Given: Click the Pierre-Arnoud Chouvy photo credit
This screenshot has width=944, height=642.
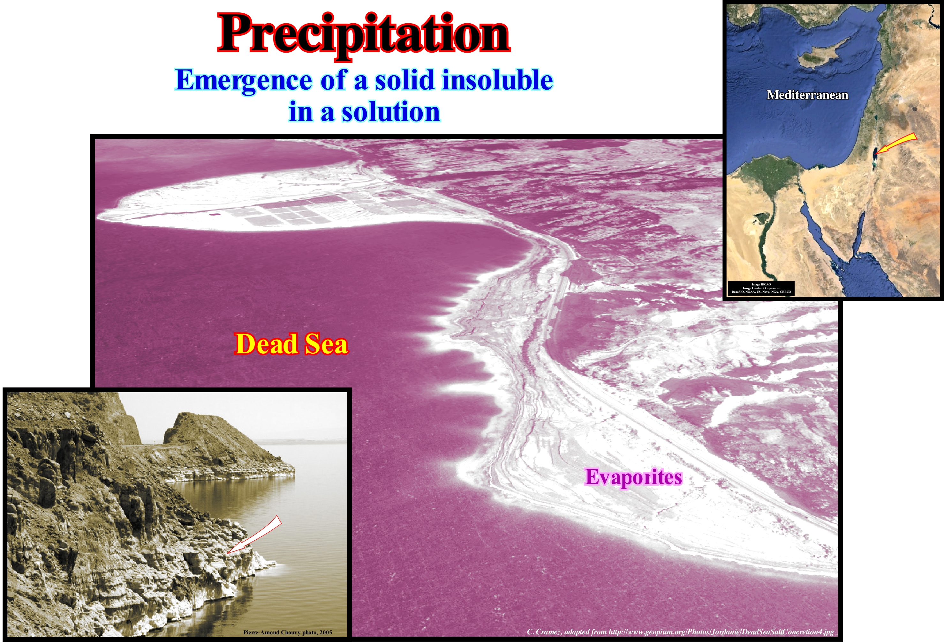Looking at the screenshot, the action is coord(288,632).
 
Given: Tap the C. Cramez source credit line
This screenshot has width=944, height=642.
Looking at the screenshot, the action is coord(680,631).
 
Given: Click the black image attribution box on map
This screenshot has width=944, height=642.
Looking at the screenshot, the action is coord(761,288).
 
